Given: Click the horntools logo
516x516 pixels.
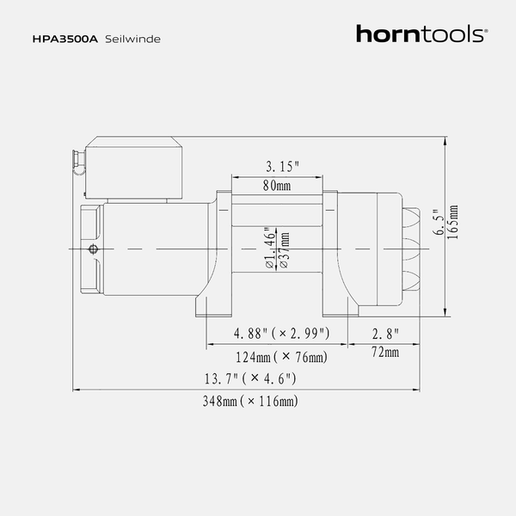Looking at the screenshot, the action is pos(422,34).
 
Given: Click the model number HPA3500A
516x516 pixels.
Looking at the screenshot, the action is pos(65,40).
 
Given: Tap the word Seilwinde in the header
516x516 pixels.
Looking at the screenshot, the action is pos(133,40).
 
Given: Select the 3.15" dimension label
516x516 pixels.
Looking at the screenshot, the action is pos(283,167).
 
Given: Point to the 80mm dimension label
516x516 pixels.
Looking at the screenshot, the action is pos(277,186).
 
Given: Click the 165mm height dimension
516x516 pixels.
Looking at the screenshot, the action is pos(453,223).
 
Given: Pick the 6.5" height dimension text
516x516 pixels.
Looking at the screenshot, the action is pos(439,223).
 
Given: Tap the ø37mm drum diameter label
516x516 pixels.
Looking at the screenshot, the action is pos(285,250).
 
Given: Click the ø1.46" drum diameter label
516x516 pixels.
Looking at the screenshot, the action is pos(270,248).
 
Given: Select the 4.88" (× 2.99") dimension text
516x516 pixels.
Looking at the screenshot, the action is pos(281,334).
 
